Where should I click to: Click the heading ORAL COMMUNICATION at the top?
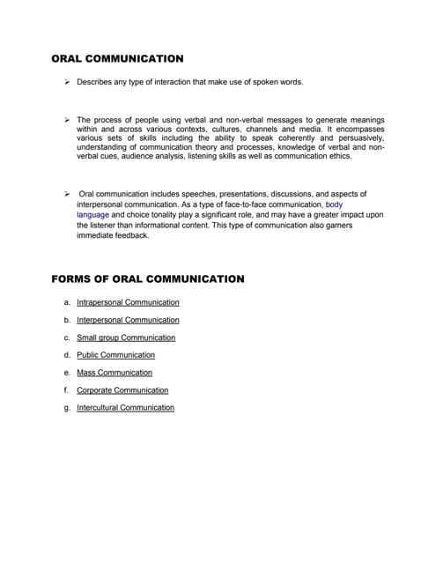tap(117, 59)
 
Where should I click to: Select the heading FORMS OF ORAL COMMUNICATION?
tap(148, 278)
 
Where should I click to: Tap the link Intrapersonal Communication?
tap(128, 302)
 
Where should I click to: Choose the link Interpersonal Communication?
tap(128, 320)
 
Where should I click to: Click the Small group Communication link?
tap(126, 338)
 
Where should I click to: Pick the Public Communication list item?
tap(115, 355)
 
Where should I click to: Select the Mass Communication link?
tap(115, 373)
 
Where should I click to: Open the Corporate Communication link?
tap(122, 390)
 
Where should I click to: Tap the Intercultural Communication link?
tap(125, 408)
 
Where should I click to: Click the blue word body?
tap(334, 204)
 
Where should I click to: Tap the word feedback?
tap(133, 235)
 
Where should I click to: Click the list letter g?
tap(67, 408)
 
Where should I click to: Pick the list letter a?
tap(67, 302)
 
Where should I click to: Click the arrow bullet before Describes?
tap(67, 82)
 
